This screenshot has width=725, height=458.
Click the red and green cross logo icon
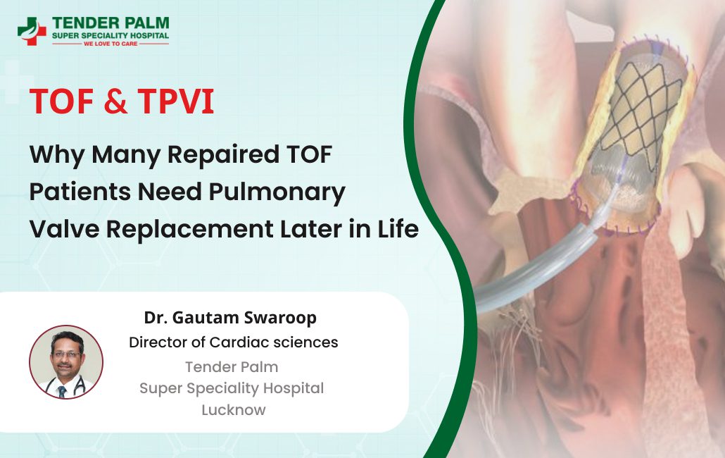32,31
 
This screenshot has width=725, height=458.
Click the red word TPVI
175,103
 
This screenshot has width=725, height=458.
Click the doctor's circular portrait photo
66,362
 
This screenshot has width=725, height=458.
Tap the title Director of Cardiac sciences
233,342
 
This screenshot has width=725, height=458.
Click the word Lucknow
233,409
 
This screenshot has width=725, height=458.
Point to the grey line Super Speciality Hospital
232,388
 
